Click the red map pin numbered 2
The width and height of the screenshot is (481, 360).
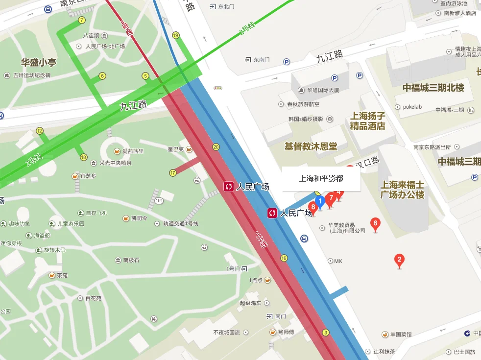(399, 260)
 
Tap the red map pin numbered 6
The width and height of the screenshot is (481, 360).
(376, 224)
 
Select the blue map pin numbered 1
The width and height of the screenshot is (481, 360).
(320, 201)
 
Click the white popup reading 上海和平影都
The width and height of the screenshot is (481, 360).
(321, 179)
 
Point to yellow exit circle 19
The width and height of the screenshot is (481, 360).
(175, 35)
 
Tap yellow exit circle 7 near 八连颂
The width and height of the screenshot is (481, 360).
(82, 20)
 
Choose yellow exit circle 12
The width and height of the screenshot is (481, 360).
(40, 131)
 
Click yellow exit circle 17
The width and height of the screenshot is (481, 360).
(172, 173)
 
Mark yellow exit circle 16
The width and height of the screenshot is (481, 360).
(284, 258)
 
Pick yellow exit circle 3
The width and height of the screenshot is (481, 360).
(325, 333)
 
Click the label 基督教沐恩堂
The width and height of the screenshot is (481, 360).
(311, 146)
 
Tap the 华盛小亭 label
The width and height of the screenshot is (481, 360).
(38, 62)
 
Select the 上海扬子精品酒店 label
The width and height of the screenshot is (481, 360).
(367, 121)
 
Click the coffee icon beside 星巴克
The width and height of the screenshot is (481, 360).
(189, 149)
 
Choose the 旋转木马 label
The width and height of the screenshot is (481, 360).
(54, 250)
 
